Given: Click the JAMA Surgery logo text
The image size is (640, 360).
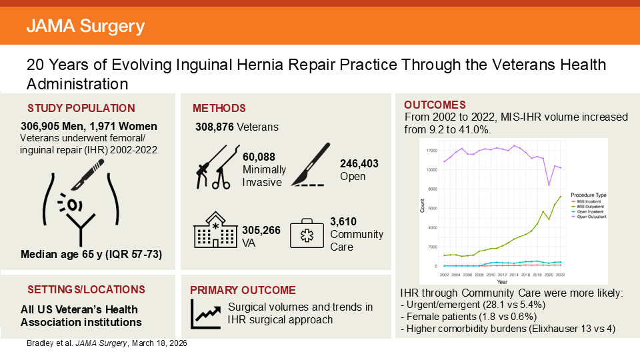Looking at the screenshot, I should (85, 27).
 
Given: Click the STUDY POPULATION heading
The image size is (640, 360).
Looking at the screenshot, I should (81, 108).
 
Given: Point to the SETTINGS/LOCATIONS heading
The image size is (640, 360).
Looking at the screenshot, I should (86, 289).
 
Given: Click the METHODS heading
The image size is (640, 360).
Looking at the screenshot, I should (219, 108).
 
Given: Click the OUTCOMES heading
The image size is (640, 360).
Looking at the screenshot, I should (435, 105).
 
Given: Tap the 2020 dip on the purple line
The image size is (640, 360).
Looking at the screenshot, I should (549, 185).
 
